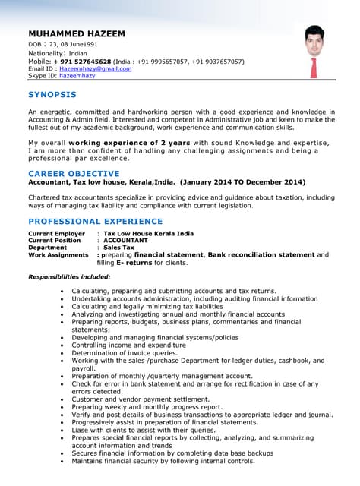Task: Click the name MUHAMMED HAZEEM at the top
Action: (x=76, y=34)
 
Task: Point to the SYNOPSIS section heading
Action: (x=52, y=94)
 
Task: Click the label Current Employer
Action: (x=56, y=234)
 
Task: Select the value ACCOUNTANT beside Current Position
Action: (x=125, y=241)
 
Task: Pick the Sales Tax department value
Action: (x=118, y=248)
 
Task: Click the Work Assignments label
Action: (x=58, y=255)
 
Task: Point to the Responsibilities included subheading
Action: (x=69, y=276)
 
